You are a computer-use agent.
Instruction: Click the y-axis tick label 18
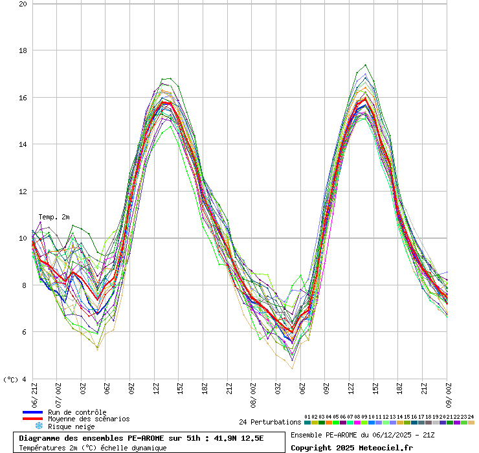[x=23, y=50]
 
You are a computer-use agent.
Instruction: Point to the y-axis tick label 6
[x=24, y=332]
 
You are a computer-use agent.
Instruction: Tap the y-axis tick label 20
[x=23, y=4]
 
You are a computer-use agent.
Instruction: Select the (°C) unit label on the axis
[x=11, y=379]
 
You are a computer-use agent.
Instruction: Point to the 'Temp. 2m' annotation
[x=54, y=217]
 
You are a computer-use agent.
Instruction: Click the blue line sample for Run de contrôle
[x=32, y=412]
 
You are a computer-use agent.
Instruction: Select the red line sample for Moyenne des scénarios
[x=32, y=419]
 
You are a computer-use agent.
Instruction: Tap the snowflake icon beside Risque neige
[x=39, y=426]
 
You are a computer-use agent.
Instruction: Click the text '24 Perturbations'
[x=270, y=422]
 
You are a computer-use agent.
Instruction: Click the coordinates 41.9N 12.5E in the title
[x=238, y=439]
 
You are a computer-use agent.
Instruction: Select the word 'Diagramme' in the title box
[x=39, y=439]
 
